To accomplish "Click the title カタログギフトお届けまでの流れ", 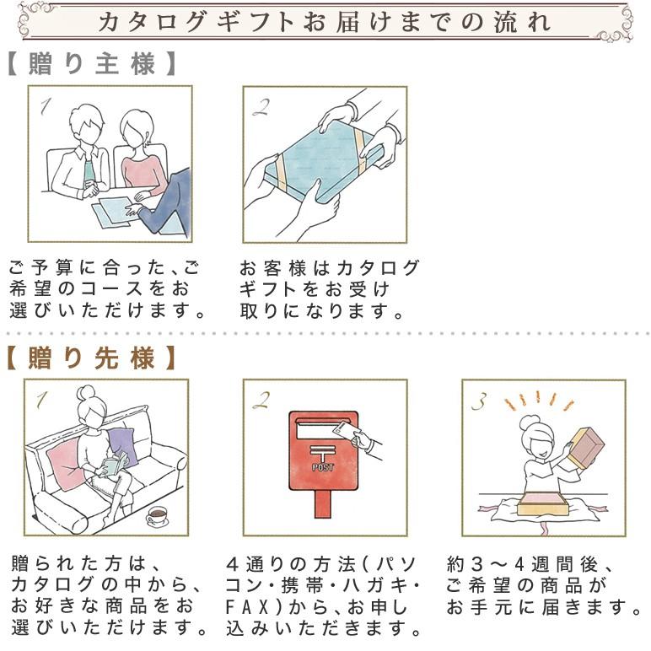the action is (325, 21).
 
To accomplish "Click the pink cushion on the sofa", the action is (66, 462).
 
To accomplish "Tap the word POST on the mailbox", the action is (323, 466).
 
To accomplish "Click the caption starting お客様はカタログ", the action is (329, 289).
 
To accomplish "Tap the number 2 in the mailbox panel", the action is (261, 400).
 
